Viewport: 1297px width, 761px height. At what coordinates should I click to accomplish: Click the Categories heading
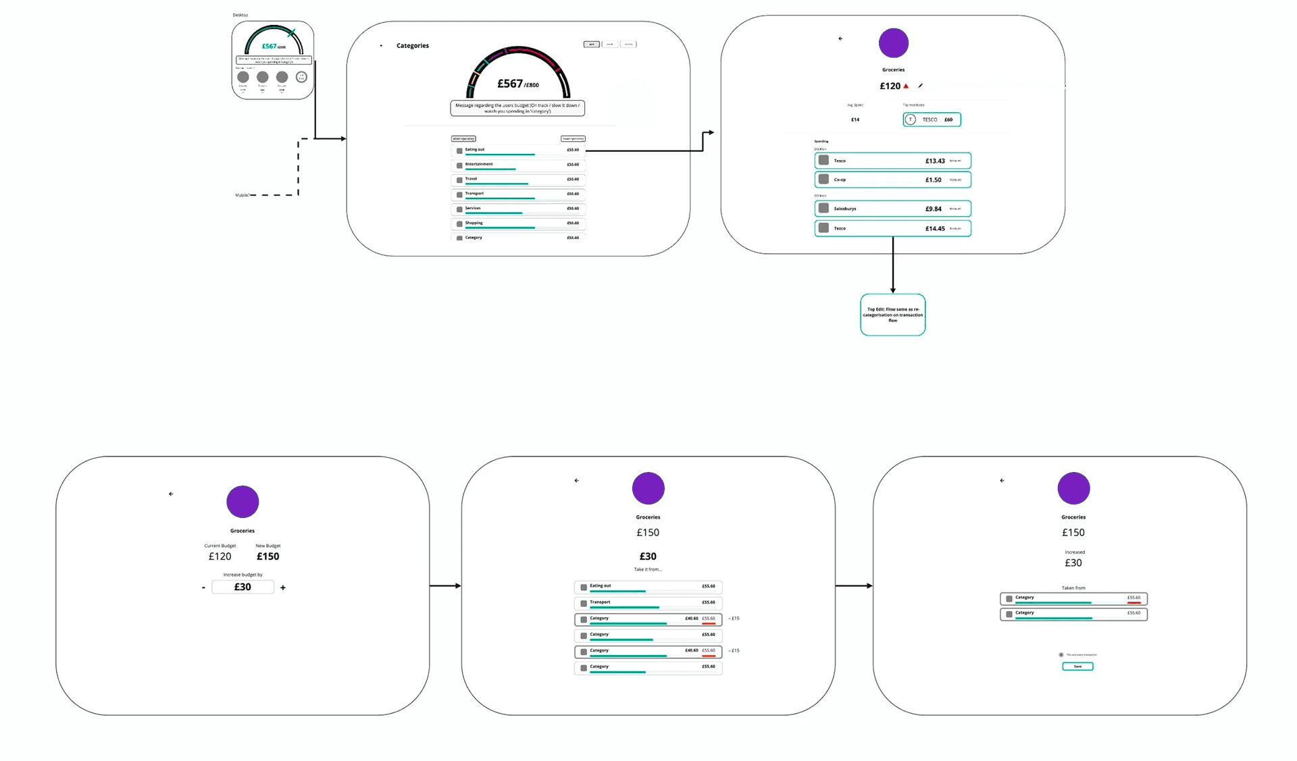(412, 46)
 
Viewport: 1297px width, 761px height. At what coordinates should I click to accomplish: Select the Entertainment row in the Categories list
(517, 165)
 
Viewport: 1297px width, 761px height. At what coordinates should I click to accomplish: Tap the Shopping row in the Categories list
(517, 224)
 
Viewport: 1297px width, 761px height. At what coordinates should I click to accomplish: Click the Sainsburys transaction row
(892, 209)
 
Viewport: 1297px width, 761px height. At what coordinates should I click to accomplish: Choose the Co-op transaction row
(892, 180)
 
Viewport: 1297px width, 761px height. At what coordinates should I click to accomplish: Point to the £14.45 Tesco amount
(935, 229)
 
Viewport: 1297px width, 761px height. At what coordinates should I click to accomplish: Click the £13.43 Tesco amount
(935, 161)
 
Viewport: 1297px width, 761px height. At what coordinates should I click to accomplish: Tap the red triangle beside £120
(906, 86)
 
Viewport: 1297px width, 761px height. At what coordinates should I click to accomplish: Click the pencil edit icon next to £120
(920, 86)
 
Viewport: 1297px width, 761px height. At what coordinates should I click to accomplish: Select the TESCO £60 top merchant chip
(932, 120)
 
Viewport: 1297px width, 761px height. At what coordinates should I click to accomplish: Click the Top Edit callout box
(892, 315)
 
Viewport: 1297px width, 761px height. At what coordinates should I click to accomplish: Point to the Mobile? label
(242, 195)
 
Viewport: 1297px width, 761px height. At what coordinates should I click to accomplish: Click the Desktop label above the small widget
(240, 15)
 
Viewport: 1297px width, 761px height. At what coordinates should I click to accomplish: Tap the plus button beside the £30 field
(283, 588)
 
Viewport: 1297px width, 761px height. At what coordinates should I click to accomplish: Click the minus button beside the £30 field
(203, 588)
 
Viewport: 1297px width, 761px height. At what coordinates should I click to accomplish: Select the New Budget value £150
(268, 556)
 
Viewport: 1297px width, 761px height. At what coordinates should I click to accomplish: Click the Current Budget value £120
(220, 556)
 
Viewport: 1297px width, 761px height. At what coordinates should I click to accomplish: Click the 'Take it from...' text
(648, 569)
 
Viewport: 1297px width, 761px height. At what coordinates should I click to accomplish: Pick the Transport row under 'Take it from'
(648, 603)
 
